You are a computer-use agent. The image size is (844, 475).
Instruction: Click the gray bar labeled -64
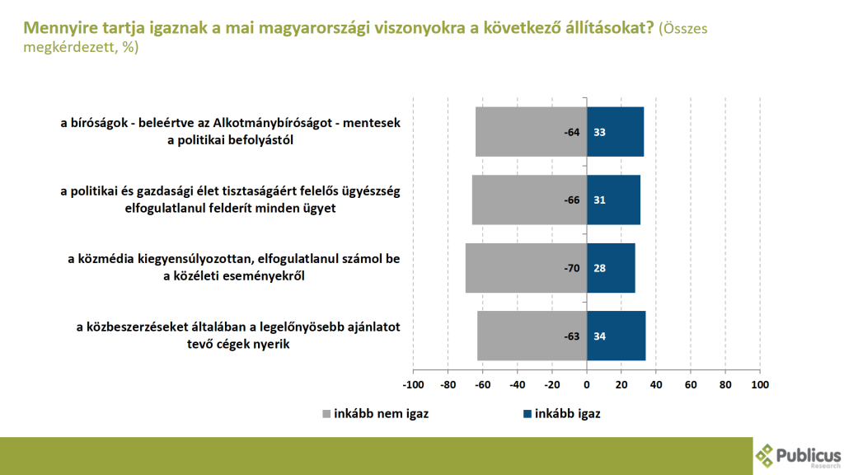(x=531, y=132)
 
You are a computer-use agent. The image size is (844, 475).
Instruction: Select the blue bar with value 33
(x=615, y=132)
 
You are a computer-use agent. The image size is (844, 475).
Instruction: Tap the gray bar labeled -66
(x=529, y=200)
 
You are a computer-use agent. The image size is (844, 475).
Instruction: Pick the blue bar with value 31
(x=613, y=200)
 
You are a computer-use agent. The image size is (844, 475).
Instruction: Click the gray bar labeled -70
(x=526, y=268)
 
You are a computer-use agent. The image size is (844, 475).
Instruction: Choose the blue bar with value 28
(x=611, y=268)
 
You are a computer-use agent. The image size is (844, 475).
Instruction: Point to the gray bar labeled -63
(x=532, y=336)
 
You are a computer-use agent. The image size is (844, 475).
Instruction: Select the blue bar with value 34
(x=616, y=336)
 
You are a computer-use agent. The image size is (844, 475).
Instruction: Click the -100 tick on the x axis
(x=412, y=385)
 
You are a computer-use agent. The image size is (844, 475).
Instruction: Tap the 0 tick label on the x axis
(x=587, y=385)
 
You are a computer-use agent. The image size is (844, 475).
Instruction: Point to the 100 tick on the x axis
(x=760, y=385)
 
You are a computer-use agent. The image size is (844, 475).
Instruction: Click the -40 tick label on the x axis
(x=517, y=385)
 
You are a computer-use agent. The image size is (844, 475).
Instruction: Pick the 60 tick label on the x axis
(x=691, y=385)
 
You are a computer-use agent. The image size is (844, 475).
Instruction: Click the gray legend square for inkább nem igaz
(x=326, y=414)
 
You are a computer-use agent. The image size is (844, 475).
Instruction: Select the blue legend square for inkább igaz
(x=527, y=414)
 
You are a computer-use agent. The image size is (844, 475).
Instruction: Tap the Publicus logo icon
(x=766, y=455)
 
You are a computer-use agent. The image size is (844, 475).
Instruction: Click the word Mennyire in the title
(x=56, y=28)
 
